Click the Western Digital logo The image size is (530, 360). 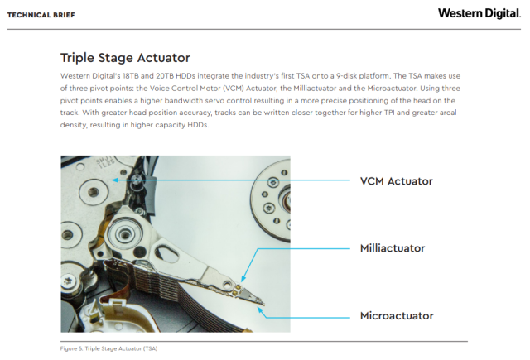479,13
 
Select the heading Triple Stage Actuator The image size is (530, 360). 125,58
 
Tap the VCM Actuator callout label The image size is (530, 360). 396,180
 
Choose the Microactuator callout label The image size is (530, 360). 397,315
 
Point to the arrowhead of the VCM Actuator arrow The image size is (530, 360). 113,180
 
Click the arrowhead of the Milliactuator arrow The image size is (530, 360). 241,281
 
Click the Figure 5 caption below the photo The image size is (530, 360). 108,348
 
